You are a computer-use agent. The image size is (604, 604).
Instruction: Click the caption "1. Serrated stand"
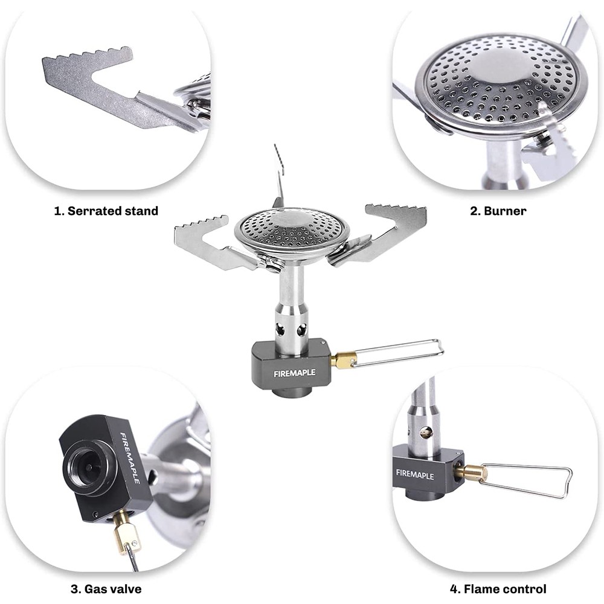(106, 211)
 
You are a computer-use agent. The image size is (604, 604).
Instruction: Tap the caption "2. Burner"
(498, 211)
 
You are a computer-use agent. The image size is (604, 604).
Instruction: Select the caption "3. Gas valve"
(106, 588)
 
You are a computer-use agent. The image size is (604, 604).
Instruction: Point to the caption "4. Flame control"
(498, 588)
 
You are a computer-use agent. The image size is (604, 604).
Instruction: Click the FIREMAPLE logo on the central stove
(294, 373)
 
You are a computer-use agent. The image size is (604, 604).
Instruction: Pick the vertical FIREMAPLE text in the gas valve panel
(130, 458)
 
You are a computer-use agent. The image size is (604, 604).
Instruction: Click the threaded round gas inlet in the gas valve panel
(89, 466)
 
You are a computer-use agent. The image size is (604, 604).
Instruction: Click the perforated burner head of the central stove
(292, 231)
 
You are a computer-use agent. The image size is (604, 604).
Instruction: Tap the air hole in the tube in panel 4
(426, 433)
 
